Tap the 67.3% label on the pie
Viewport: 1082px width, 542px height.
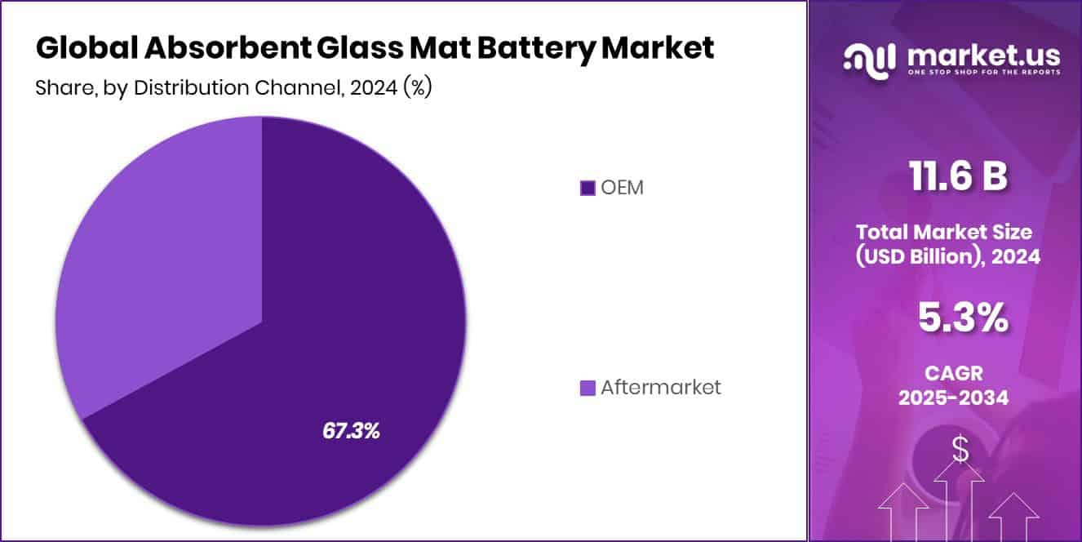tap(351, 431)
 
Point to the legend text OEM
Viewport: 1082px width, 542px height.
tap(623, 188)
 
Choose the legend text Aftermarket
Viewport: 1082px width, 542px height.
tap(661, 388)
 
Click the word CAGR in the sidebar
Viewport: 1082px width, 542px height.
tap(953, 374)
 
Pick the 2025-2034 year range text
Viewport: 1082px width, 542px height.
tap(953, 398)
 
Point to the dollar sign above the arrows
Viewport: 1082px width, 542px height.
tap(960, 449)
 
